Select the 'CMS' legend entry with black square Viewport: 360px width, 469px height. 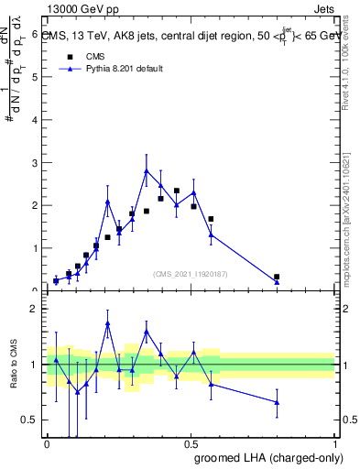pyautogui.click(x=90, y=55)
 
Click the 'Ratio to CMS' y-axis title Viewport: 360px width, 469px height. pyautogui.click(x=12, y=365)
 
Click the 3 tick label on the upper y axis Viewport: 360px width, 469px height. pyautogui.click(x=35, y=162)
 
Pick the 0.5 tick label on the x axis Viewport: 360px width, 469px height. pyautogui.click(x=191, y=444)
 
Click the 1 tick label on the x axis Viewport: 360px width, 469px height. pyautogui.click(x=336, y=444)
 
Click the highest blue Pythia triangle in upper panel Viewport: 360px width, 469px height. pyautogui.click(x=147, y=171)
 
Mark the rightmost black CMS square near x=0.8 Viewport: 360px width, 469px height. pyautogui.click(x=277, y=277)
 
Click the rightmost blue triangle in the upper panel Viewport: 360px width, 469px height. pyautogui.click(x=277, y=282)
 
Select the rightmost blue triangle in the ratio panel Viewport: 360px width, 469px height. pyautogui.click(x=277, y=402)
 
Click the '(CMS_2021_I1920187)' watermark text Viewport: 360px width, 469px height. pyautogui.click(x=190, y=273)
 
